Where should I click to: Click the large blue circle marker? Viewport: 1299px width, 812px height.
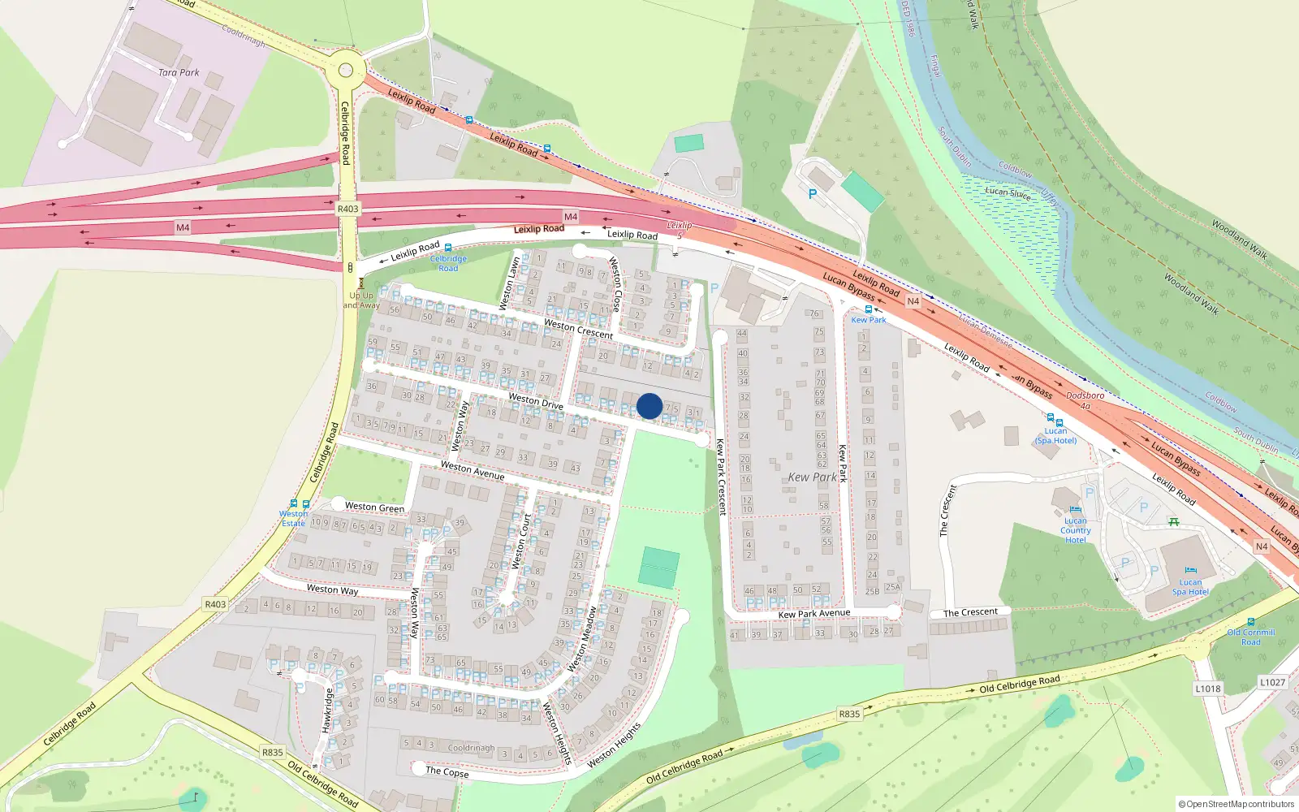649,406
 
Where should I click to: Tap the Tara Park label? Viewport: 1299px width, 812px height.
179,72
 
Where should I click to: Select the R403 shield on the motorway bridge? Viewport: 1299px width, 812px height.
347,209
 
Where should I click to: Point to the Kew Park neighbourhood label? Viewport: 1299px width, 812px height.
812,477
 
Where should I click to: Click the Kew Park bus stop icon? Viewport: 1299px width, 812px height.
869,309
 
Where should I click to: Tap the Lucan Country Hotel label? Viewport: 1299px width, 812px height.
1075,530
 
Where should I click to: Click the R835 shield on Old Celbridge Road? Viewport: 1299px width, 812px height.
849,714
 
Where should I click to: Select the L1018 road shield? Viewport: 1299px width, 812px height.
1207,689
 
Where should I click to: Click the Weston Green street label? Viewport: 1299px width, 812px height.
374,508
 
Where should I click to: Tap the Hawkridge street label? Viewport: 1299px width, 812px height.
327,710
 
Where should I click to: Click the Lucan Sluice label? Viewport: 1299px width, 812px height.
1008,192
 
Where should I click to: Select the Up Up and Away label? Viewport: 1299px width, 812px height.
361,300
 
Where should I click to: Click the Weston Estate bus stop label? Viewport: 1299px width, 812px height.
293,518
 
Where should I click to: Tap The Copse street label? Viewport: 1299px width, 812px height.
447,771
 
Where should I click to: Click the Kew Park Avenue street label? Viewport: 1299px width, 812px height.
813,614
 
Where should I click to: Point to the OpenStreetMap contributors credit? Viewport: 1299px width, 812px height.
1236,804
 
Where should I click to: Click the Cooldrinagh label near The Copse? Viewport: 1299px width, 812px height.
471,748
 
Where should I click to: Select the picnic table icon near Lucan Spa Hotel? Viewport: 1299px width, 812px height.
1173,522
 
